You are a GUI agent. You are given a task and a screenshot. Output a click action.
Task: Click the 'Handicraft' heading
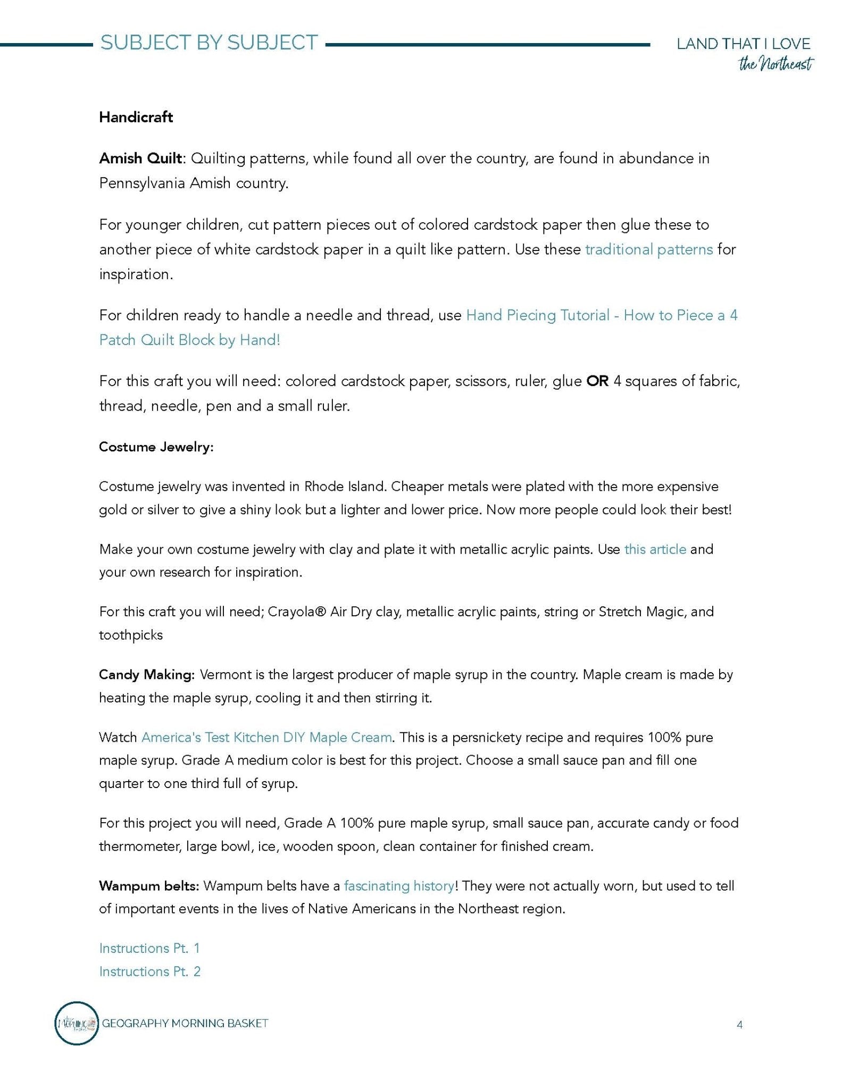click(136, 117)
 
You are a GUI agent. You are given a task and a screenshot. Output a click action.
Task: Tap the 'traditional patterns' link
click(648, 249)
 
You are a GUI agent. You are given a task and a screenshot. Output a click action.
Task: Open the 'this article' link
click(655, 549)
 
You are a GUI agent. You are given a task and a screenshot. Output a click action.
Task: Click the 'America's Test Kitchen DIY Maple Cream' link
click(266, 738)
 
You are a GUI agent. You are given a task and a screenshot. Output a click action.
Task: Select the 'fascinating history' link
click(399, 886)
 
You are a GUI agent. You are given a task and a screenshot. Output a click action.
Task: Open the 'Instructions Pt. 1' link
click(149, 948)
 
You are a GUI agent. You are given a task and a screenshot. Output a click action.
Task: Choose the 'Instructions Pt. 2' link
click(149, 971)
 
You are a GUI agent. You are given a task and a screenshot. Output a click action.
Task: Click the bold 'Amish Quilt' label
click(140, 158)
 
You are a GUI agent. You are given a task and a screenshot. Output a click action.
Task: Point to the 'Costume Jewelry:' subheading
click(156, 447)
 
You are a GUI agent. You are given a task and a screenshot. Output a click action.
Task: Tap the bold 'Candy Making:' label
click(147, 675)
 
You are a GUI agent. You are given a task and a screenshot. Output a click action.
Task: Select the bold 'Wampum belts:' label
click(149, 886)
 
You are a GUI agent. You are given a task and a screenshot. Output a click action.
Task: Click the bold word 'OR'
click(597, 381)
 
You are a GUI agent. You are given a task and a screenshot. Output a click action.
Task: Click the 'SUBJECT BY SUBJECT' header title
click(209, 43)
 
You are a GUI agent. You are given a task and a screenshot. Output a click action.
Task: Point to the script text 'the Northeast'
click(776, 65)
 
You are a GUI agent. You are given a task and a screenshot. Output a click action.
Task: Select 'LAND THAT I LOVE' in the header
click(743, 44)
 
